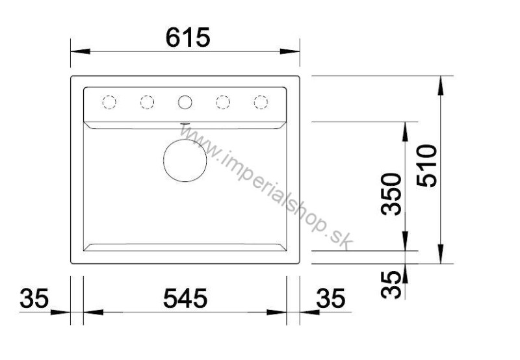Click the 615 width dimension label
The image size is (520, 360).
click(188, 38)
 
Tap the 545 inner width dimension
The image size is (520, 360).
click(185, 298)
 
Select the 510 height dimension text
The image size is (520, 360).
click(427, 166)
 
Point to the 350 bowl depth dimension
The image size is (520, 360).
click(391, 194)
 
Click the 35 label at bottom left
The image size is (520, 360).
click(34, 298)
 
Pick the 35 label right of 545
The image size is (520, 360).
click(331, 298)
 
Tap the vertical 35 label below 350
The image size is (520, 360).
click(391, 285)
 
